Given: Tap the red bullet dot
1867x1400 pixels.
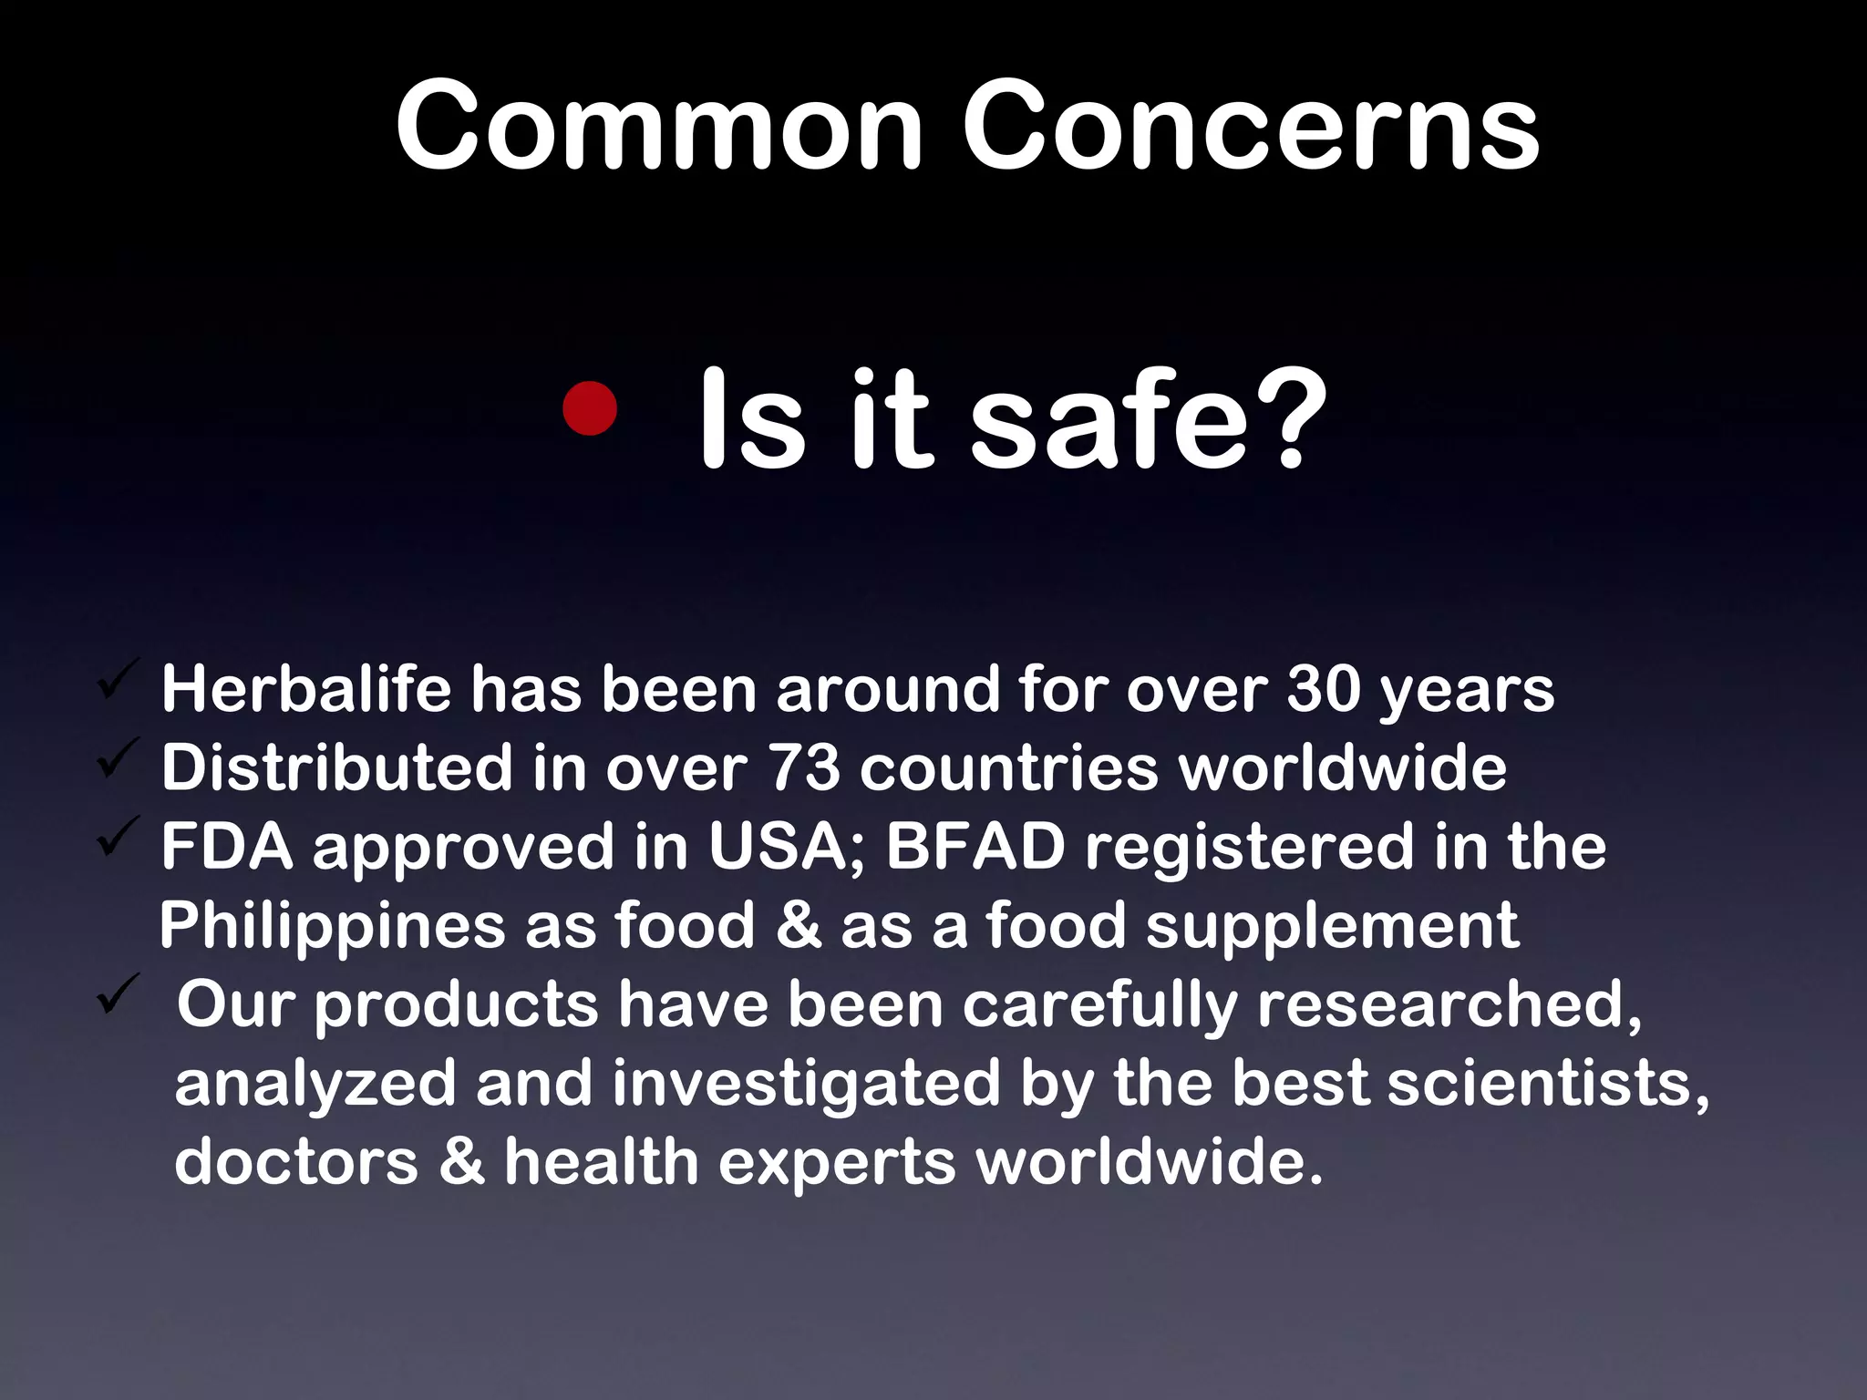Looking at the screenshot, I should [590, 408].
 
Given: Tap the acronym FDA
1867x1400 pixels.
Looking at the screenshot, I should [227, 847].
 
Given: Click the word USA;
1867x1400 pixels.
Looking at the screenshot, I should [787, 847].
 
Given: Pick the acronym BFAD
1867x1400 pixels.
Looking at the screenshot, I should [975, 847].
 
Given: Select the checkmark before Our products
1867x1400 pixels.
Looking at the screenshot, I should [118, 994].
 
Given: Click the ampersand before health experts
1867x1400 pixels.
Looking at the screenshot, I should [461, 1162].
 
